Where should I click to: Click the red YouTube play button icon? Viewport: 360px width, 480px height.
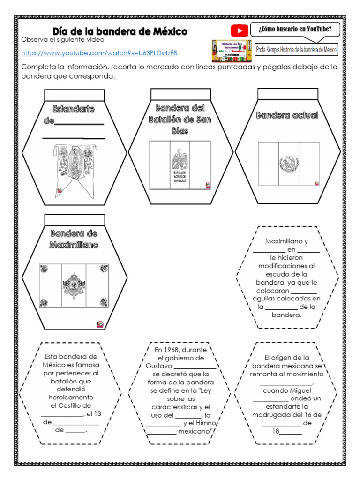coord(240,31)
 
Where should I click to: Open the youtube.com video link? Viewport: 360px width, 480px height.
coord(99,53)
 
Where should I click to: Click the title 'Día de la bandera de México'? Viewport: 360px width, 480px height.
coord(120,31)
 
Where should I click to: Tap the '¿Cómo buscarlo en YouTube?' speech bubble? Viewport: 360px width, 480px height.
coord(295,30)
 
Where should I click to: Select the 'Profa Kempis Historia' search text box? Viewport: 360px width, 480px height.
coord(296,50)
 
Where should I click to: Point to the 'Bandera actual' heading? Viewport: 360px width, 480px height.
coord(287,115)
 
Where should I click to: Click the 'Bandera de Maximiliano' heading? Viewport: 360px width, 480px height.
coord(74,239)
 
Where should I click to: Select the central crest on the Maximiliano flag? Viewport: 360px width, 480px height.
coord(74,285)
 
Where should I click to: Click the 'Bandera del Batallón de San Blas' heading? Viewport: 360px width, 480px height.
coord(180,120)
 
